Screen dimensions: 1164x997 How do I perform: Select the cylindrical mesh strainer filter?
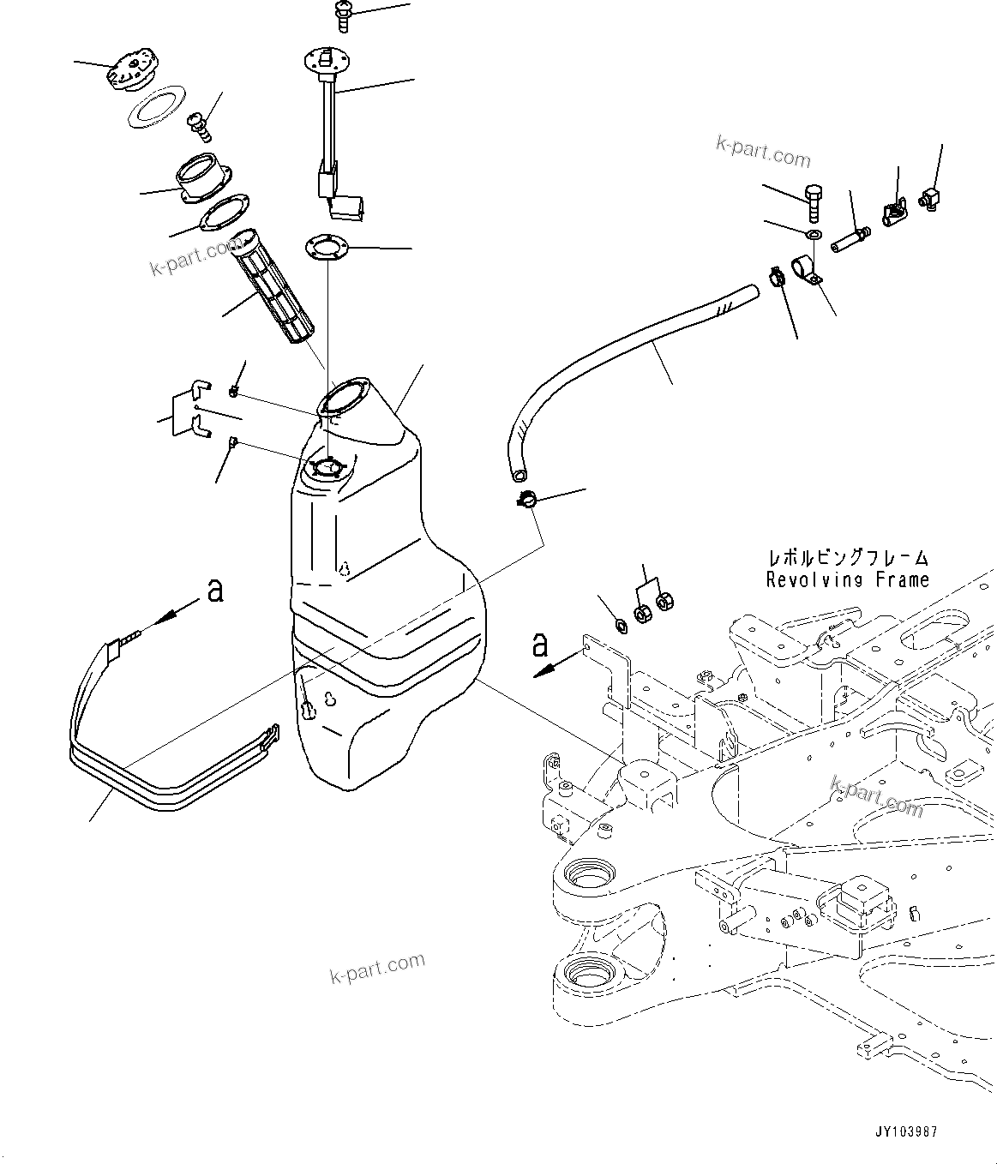[275, 287]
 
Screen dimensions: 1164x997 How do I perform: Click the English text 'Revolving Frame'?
[847, 580]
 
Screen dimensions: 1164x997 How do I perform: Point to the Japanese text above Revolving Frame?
[847, 559]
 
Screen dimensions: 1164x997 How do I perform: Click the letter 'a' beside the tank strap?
[215, 591]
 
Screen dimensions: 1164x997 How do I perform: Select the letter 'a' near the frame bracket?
[539, 645]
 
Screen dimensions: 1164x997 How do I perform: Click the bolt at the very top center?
[341, 11]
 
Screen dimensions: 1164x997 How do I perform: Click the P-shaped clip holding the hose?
[805, 268]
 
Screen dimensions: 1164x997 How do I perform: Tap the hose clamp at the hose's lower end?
[526, 500]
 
